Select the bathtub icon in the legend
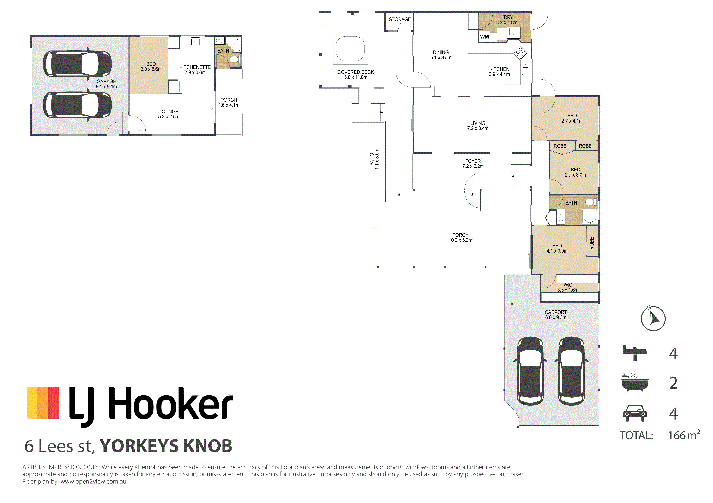coord(635,383)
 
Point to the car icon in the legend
coord(635,413)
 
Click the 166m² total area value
coord(684,435)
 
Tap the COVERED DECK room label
coord(356,72)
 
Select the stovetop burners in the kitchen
coord(521,53)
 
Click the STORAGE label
coord(400,19)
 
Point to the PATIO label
coord(372,159)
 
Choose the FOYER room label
coord(473,161)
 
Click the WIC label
coord(568,285)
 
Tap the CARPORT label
coord(555,312)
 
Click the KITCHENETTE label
coord(195,67)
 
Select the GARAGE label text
coord(106,81)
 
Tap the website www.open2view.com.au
coord(93,482)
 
